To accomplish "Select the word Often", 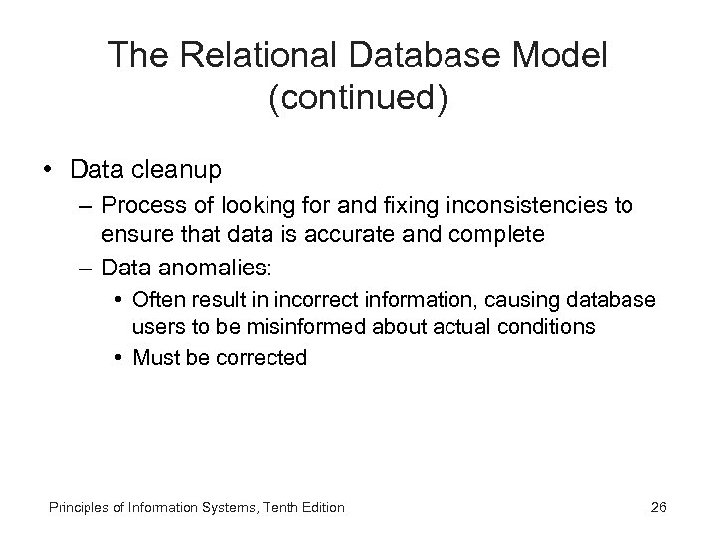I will pyautogui.click(x=155, y=298).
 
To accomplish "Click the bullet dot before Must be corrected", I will pyautogui.click(x=118, y=356).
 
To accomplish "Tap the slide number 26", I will pyautogui.click(x=658, y=507).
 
